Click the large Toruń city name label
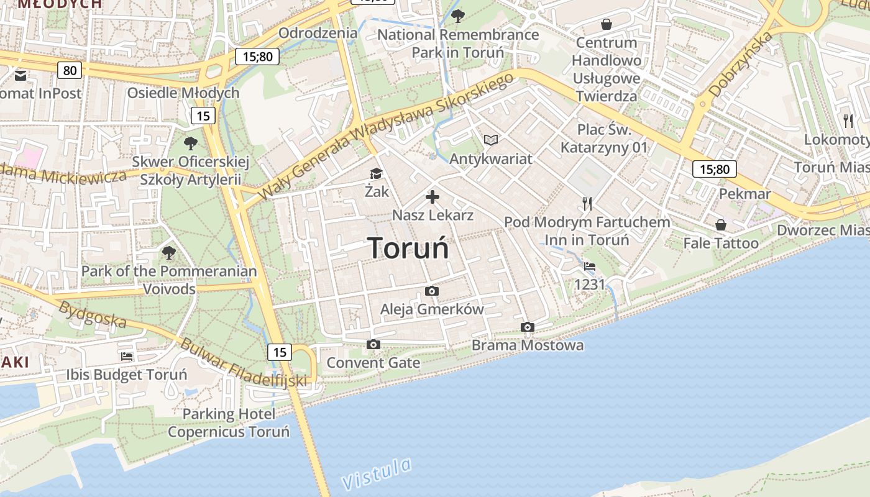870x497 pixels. pos(408,248)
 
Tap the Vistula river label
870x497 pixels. pos(377,474)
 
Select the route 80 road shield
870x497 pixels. pos(70,70)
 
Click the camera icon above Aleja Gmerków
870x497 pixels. pos(431,291)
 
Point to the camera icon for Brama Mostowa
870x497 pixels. pos(527,327)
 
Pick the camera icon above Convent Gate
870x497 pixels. pos(373,344)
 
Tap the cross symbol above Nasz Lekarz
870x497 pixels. pos(433,198)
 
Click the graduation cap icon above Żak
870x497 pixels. pos(376,173)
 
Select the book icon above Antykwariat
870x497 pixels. pos(491,140)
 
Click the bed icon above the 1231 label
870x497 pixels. pos(589,267)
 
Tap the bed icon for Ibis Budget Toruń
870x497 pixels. pos(127,357)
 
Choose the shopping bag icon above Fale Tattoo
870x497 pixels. pos(721,225)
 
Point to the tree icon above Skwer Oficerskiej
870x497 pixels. pos(191,144)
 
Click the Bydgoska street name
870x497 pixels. pos(93,315)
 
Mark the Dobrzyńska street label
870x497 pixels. pos(740,64)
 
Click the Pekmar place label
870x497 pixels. pos(744,194)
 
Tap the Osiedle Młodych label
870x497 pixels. pos(183,93)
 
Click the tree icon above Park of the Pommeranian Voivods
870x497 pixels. pos(168,253)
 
